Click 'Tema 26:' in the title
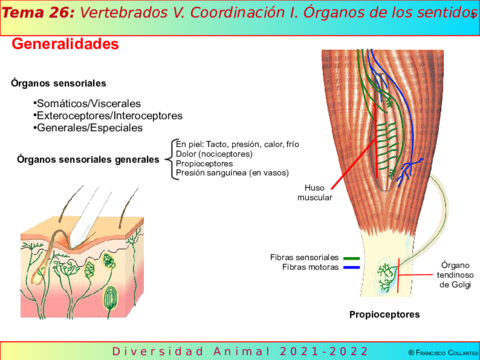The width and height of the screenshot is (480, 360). (36, 13)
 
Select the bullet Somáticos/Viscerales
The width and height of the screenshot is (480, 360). (88, 103)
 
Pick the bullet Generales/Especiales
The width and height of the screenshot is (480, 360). (89, 128)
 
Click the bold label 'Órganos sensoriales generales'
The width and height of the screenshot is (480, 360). (88, 159)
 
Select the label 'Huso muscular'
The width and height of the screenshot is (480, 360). (315, 192)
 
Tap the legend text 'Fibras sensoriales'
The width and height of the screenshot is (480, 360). (304, 257)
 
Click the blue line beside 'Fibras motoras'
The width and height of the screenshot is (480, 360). (351, 267)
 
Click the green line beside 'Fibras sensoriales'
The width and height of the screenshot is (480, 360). (351, 257)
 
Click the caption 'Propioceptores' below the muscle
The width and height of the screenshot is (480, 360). (383, 315)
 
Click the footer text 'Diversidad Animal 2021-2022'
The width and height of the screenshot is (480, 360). (240, 351)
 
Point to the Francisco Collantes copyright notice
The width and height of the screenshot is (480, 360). (428, 352)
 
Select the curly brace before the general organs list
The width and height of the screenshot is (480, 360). (168, 159)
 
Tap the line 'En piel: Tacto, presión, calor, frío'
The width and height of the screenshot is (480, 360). (236, 144)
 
